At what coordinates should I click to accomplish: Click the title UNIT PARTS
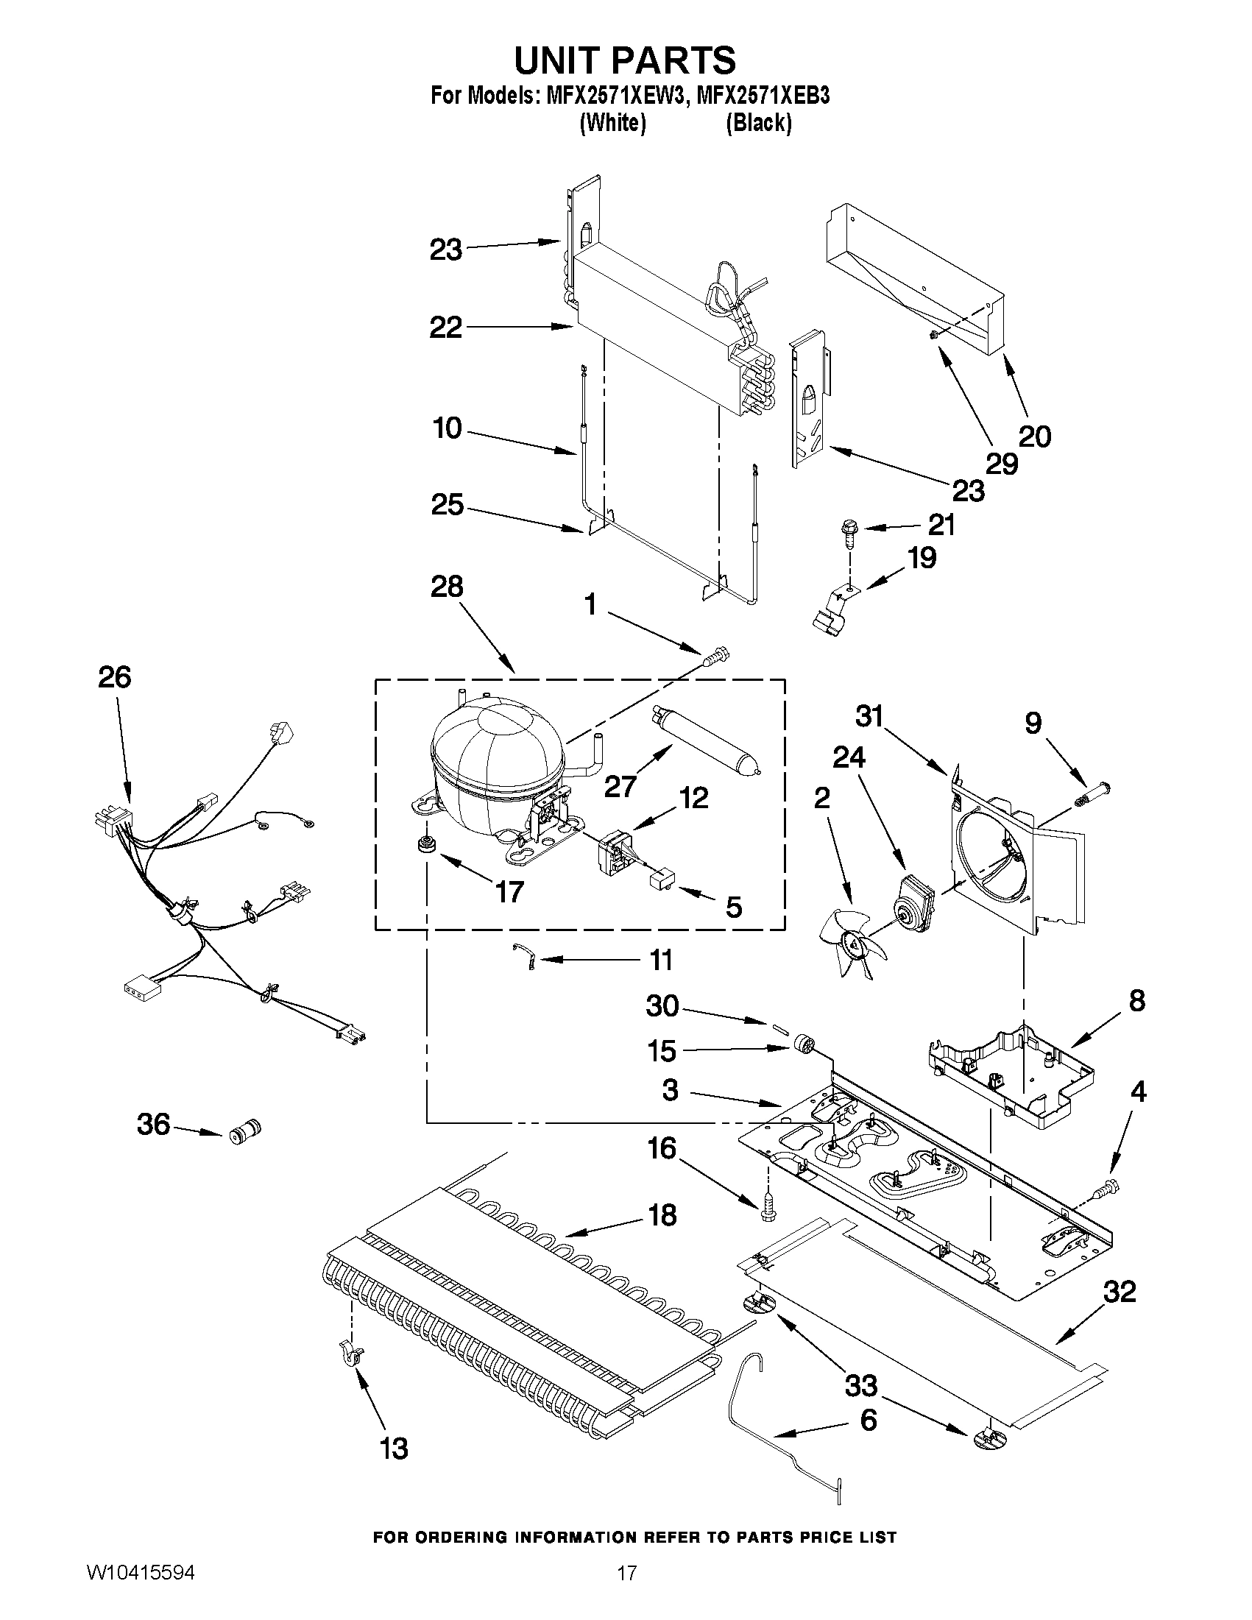(x=624, y=60)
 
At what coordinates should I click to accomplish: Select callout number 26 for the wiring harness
(x=115, y=678)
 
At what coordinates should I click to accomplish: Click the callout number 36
(x=154, y=1125)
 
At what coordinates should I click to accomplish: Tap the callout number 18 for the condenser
(x=662, y=1215)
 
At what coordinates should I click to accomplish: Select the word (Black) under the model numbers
(x=758, y=122)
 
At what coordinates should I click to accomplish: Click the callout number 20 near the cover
(x=1035, y=436)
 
